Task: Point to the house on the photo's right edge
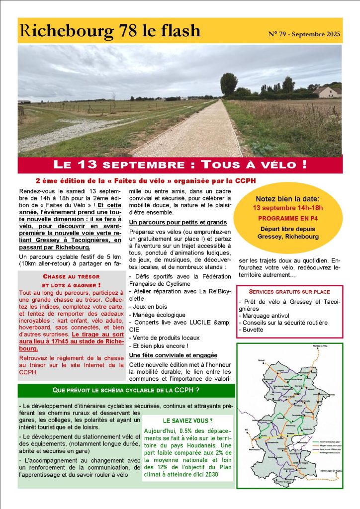coord(328,92)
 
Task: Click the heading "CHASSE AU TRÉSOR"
coord(71,276)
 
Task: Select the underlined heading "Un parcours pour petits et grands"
coord(178,222)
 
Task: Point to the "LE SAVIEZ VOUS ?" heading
coord(187,421)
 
